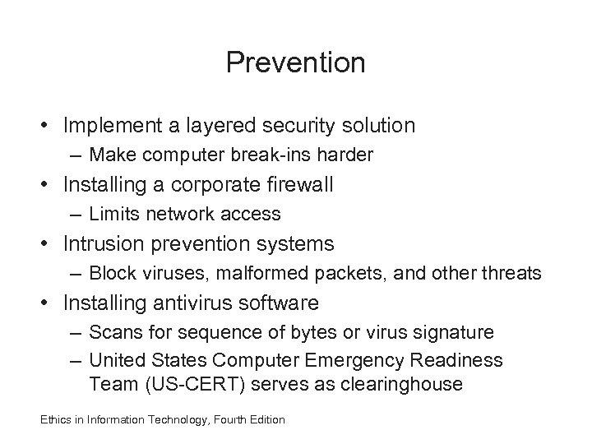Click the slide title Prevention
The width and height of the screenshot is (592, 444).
tap(296, 62)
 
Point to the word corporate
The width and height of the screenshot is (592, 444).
tap(214, 185)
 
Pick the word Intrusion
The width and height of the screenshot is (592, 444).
tap(95, 244)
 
